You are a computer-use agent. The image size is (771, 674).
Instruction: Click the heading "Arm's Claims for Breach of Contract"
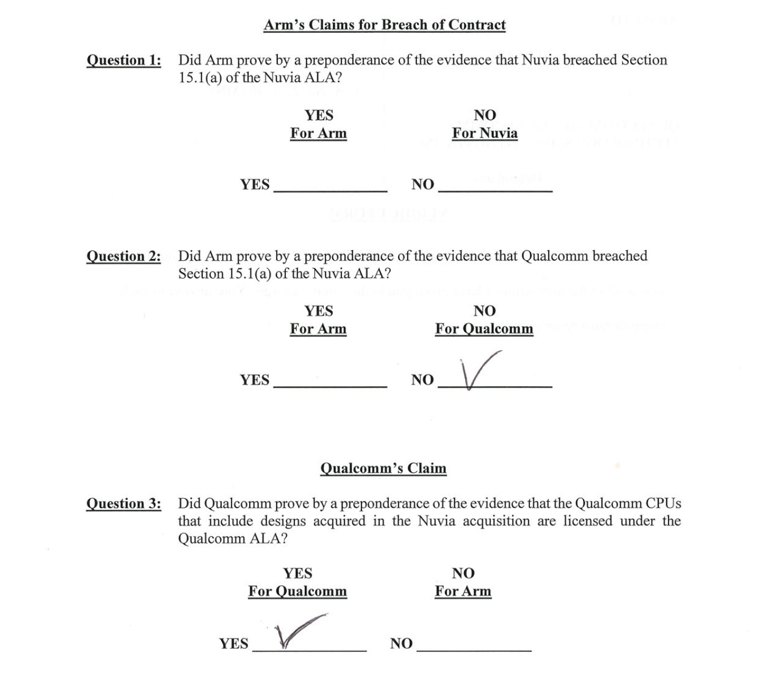tap(384, 25)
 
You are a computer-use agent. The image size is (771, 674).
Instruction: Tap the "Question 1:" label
tap(124, 60)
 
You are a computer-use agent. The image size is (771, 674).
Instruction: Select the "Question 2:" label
tap(124, 256)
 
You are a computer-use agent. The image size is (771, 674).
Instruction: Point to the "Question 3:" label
tap(124, 504)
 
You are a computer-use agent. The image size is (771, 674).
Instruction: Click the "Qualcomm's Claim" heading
tap(383, 468)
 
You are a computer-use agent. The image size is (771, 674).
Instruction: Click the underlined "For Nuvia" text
tap(485, 134)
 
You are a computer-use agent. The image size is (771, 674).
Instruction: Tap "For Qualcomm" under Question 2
tap(484, 329)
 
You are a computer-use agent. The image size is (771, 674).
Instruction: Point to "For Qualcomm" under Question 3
tap(297, 591)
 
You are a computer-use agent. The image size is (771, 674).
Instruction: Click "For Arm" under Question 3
tap(463, 591)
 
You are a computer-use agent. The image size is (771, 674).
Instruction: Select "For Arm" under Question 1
tap(318, 134)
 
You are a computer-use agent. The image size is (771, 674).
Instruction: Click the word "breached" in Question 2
tap(620, 256)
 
